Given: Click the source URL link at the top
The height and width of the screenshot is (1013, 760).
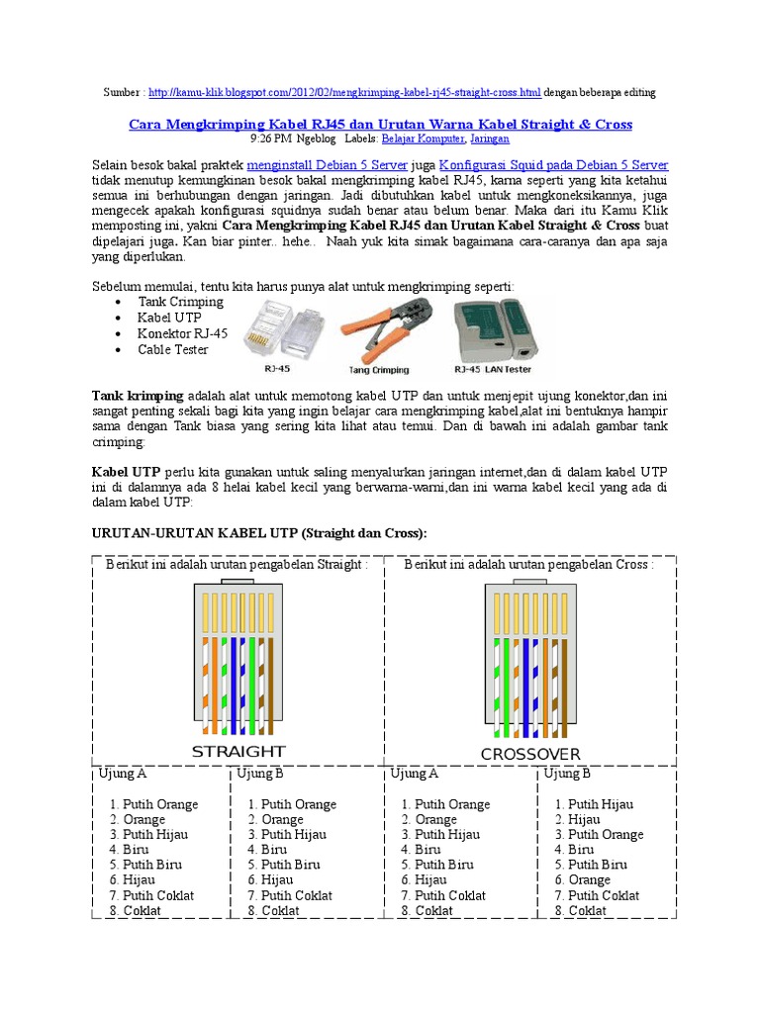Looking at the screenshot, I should (344, 92).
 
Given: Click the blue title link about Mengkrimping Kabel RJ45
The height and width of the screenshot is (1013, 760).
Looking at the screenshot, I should (381, 125).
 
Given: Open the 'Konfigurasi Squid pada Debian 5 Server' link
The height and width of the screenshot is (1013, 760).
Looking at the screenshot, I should (553, 165).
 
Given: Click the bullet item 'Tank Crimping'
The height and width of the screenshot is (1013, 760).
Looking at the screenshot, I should (181, 302).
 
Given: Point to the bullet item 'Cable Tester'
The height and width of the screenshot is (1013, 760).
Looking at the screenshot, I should (173, 349).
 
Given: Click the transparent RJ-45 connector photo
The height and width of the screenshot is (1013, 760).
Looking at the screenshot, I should (282, 328).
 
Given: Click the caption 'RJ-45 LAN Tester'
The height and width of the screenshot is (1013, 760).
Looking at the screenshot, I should (492, 369).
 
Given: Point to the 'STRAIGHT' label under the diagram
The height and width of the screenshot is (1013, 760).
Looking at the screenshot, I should (238, 752).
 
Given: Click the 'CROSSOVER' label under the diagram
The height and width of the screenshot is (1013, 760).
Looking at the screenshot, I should (530, 755).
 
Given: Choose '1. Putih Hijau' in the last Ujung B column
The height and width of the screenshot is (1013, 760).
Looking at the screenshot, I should (595, 804).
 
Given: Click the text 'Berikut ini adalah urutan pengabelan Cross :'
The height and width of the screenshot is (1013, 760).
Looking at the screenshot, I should (528, 565).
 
